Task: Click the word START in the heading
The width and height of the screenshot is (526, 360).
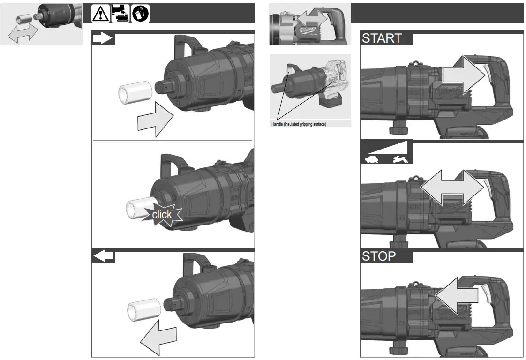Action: [382, 38]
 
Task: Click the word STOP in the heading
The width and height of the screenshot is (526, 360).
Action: [379, 256]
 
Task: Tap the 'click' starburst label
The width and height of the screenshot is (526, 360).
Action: [162, 215]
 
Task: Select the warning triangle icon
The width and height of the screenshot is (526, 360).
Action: [100, 13]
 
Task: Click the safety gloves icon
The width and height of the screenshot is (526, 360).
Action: [141, 13]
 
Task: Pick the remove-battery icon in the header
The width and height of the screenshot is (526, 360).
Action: [120, 13]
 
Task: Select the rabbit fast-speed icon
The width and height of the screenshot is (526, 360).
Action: [400, 159]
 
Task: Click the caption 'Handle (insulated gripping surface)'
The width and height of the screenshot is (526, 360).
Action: [299, 124]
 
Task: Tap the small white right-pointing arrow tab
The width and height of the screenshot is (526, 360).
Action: [103, 38]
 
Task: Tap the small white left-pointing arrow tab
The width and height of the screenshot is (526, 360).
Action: [103, 256]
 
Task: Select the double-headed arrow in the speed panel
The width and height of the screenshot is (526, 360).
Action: [452, 187]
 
